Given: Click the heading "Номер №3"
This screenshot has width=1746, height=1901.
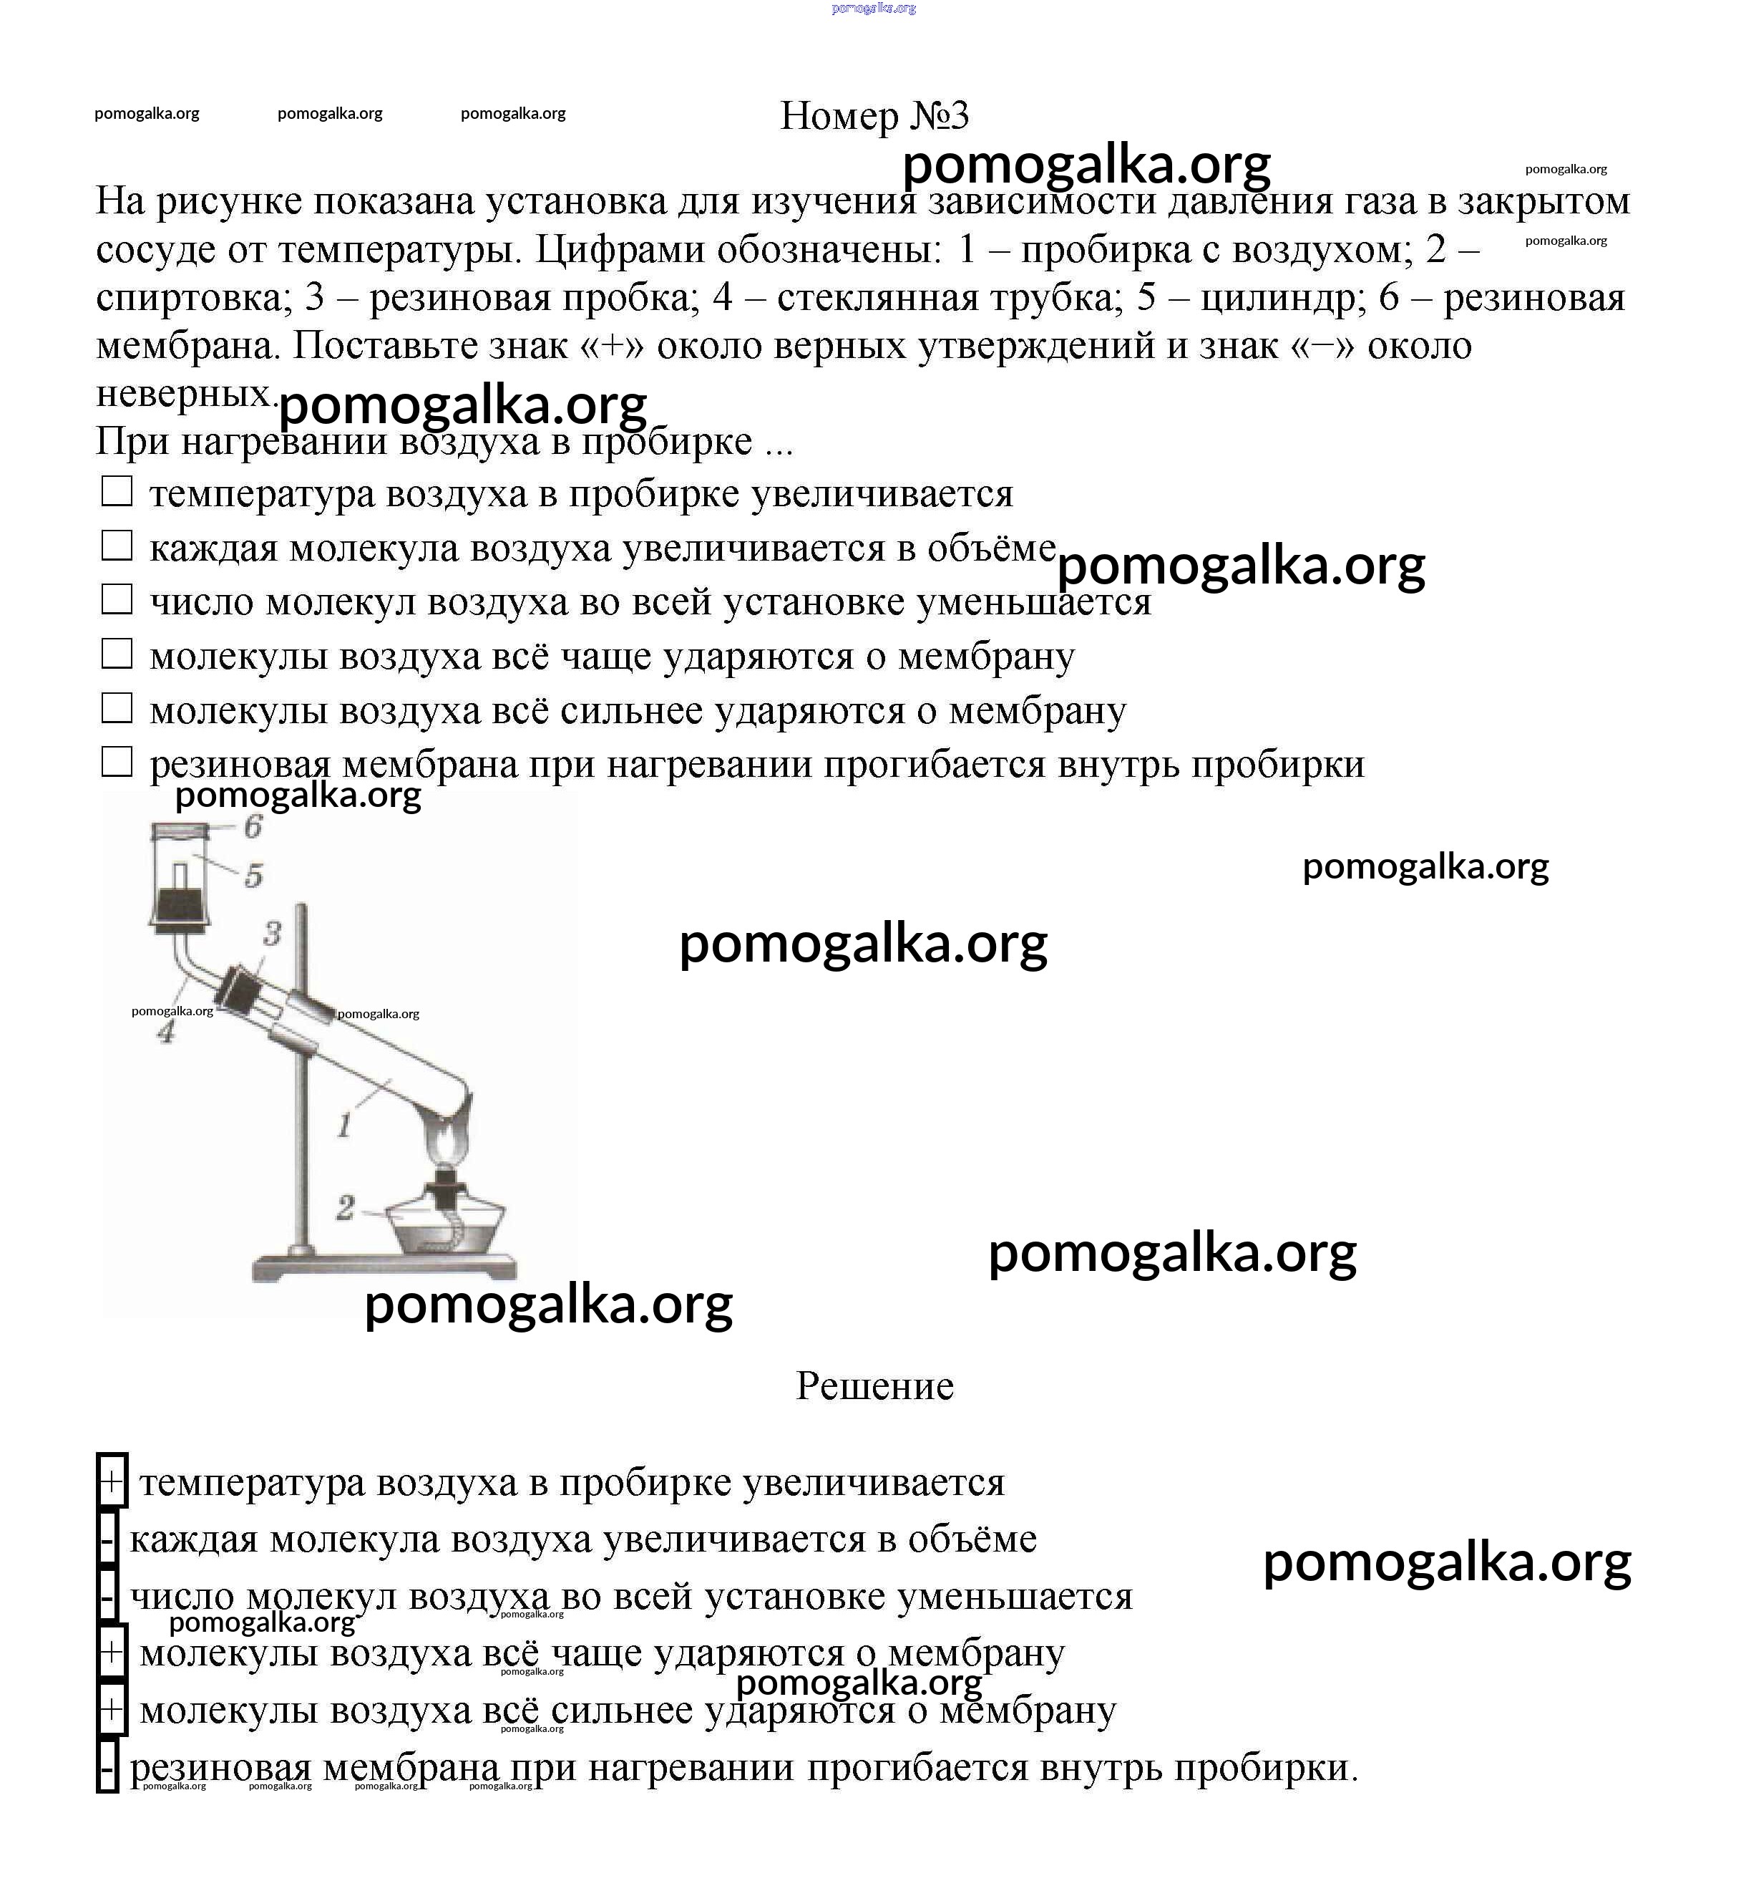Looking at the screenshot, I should click(874, 116).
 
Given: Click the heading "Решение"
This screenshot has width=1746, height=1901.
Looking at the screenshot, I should click(874, 1385).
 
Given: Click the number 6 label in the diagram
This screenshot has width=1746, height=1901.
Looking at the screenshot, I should click(253, 827).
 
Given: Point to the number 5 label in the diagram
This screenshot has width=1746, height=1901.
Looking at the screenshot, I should click(253, 876).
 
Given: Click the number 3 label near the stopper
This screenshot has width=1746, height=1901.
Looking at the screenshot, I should click(272, 934).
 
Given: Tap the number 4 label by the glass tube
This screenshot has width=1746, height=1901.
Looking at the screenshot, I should click(166, 1032).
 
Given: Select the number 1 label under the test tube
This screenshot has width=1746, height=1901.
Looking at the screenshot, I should click(345, 1125).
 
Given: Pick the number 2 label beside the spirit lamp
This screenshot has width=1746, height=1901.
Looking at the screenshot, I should click(346, 1207).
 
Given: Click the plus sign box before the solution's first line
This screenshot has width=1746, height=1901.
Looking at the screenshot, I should click(112, 1481).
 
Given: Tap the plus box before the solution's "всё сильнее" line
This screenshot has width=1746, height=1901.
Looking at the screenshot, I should click(112, 1710).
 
